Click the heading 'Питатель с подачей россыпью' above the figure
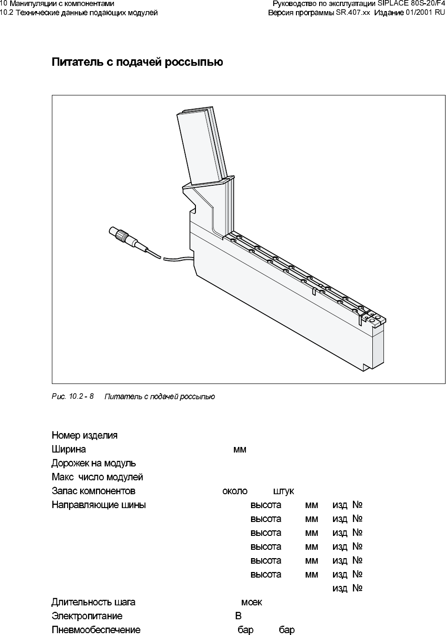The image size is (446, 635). (137, 62)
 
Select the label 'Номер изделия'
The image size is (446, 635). (84, 435)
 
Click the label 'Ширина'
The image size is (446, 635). (69, 449)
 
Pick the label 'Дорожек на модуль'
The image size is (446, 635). (94, 463)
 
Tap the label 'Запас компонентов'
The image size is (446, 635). (94, 491)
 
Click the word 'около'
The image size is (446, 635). (235, 491)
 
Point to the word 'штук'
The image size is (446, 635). (283, 491)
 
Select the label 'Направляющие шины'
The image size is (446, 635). (99, 505)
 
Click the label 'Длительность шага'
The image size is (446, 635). (93, 602)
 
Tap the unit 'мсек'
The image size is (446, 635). (251, 602)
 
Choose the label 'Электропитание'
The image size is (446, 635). (87, 616)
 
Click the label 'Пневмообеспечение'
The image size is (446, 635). (96, 630)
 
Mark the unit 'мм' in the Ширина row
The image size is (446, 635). (240, 449)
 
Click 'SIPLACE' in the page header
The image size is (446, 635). (392, 4)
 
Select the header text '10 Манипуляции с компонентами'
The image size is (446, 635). (57, 4)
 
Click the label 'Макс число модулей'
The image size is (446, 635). (97, 477)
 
